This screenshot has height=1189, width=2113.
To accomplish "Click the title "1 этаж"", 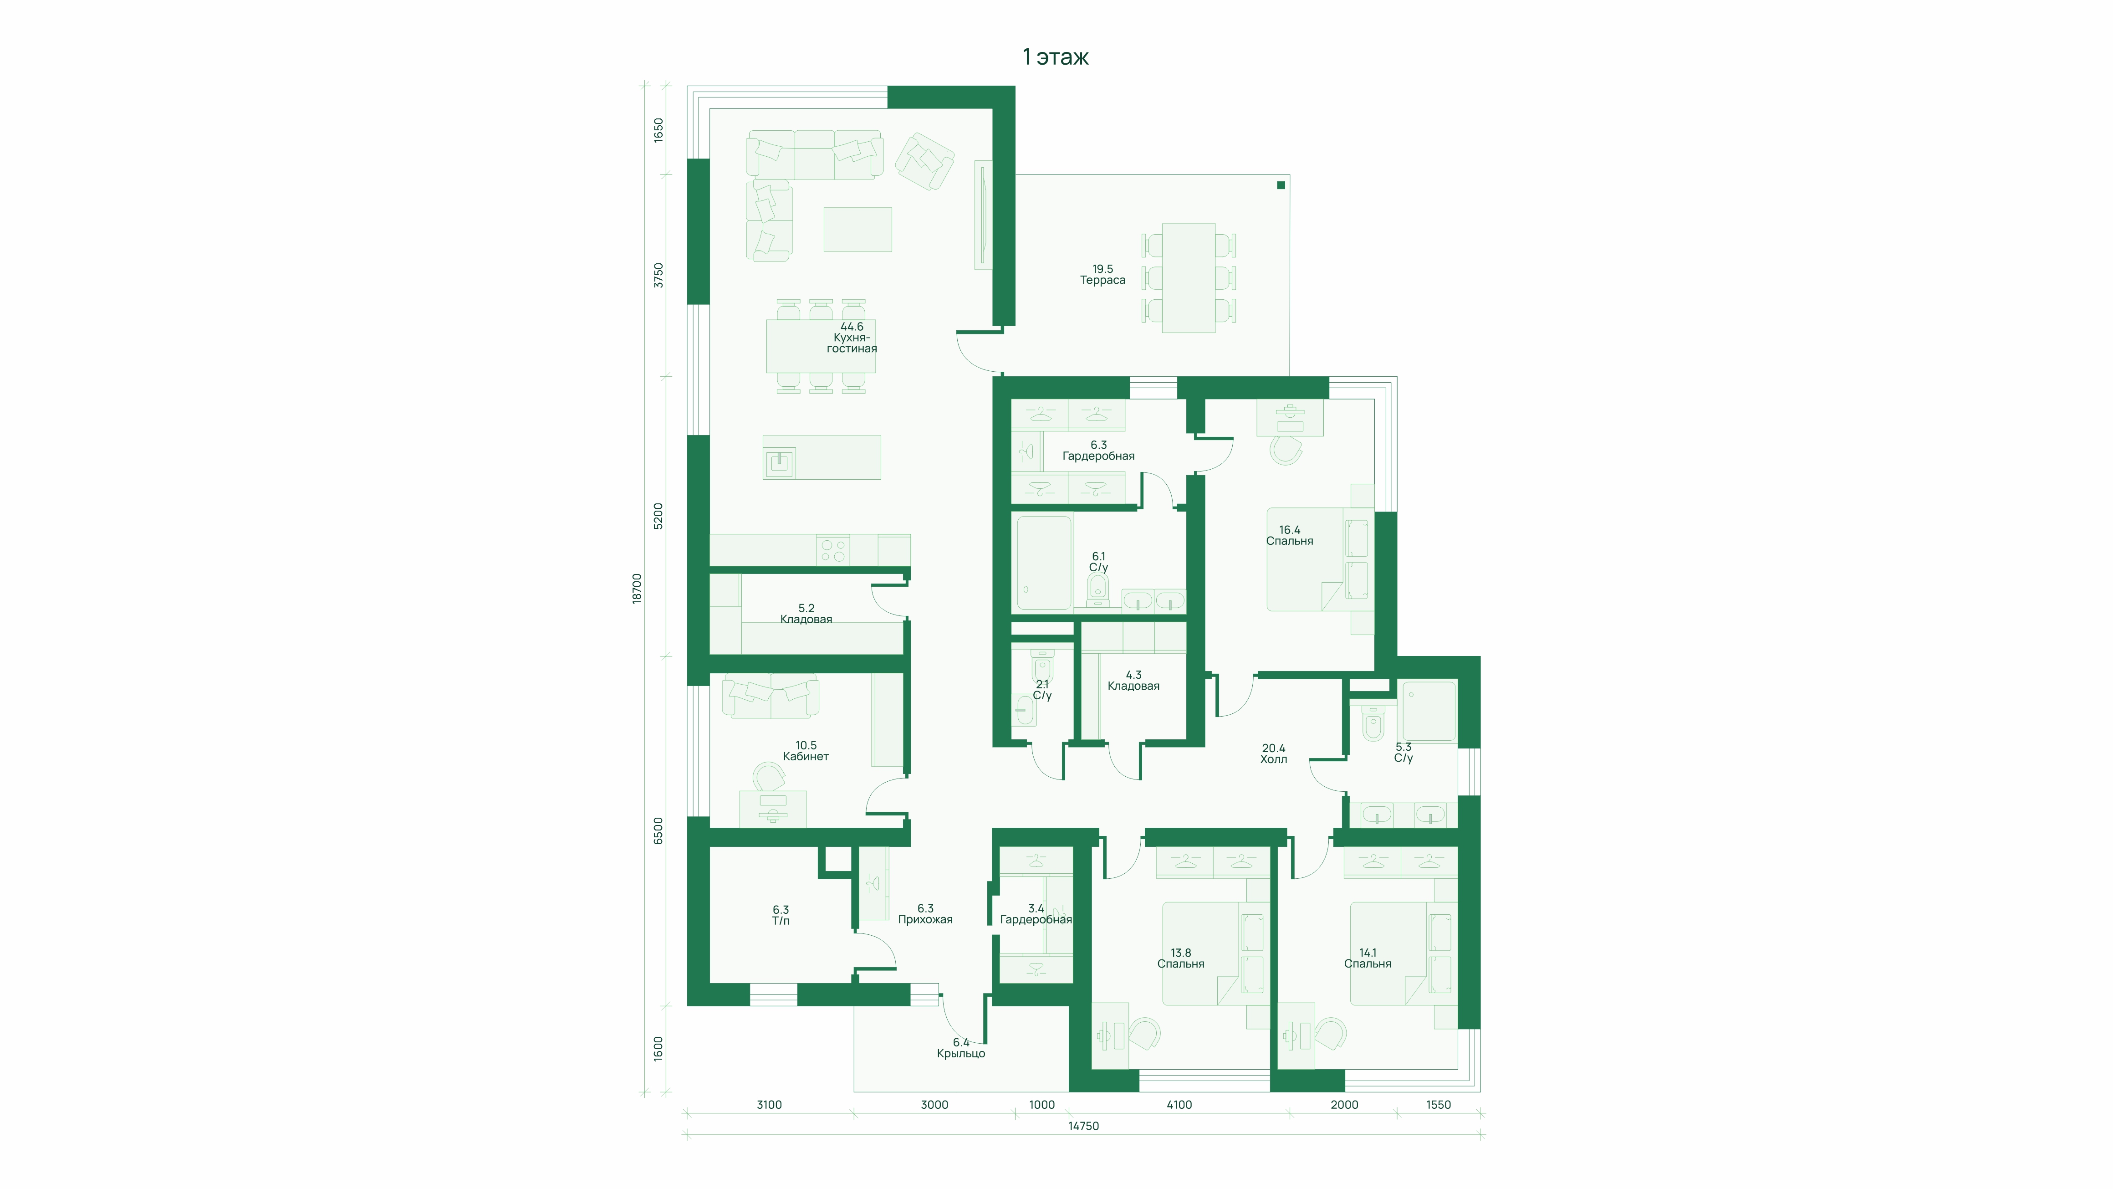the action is [x=1056, y=56].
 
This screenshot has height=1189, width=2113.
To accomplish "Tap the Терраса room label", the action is [x=1102, y=280].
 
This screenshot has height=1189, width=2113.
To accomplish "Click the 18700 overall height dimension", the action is [x=637, y=588].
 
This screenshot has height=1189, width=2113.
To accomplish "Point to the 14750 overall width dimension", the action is [x=1083, y=1126].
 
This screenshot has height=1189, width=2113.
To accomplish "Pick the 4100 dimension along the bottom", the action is [x=1179, y=1104].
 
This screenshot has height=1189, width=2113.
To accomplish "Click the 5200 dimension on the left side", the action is [x=658, y=516].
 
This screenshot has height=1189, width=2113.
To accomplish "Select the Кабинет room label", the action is [x=806, y=757].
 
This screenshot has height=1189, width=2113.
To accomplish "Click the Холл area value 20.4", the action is [x=1273, y=748].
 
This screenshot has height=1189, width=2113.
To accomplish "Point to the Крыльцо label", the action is [x=960, y=1054].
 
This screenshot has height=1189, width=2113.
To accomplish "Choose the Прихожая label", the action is [x=925, y=920].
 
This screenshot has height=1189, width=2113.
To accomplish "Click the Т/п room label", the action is [x=781, y=921].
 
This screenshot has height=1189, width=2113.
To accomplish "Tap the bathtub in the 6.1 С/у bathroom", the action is [x=1044, y=563].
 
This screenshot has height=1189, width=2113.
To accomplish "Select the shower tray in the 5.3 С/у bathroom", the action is [x=1429, y=711].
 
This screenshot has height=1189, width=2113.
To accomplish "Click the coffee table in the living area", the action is [x=857, y=230].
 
